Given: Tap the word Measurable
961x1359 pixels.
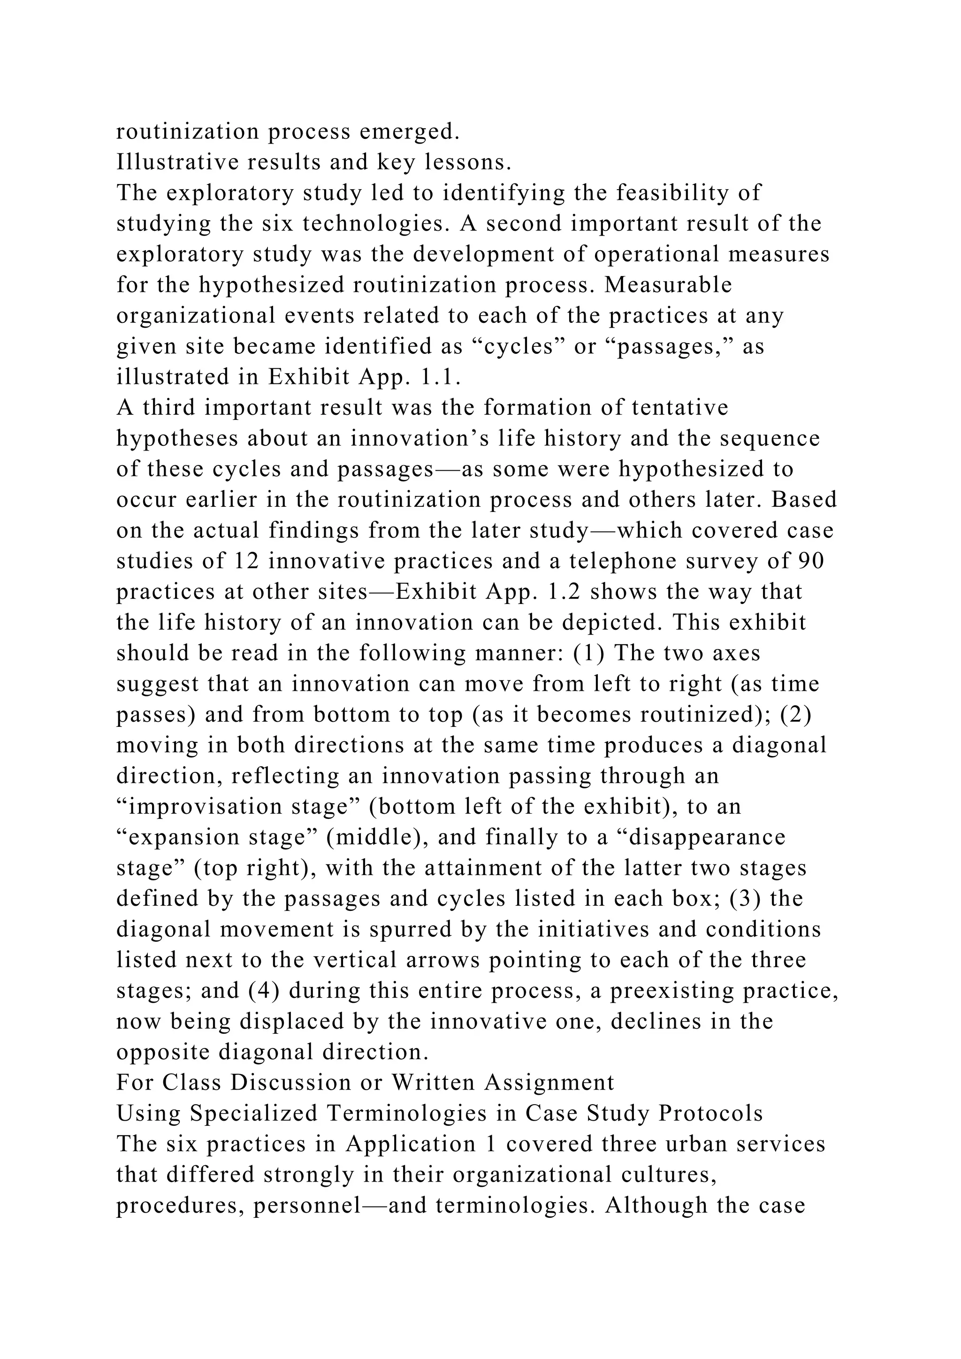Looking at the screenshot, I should [x=668, y=285].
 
